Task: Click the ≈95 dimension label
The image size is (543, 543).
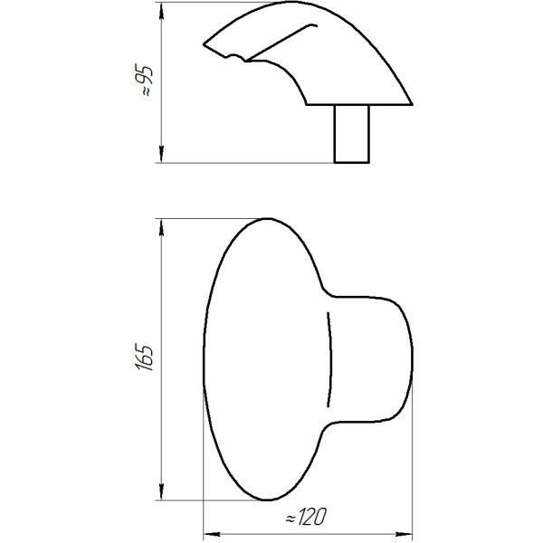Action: pyautogui.click(x=144, y=80)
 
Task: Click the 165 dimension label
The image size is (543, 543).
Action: pyautogui.click(x=144, y=357)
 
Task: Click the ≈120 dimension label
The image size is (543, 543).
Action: pyautogui.click(x=306, y=517)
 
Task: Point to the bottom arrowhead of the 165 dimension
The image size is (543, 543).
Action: pyautogui.click(x=161, y=491)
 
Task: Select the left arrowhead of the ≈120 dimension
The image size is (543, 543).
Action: pyautogui.click(x=212, y=534)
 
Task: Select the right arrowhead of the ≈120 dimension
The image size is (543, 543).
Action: pyautogui.click(x=404, y=534)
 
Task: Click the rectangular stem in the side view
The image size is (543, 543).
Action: pyautogui.click(x=351, y=134)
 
